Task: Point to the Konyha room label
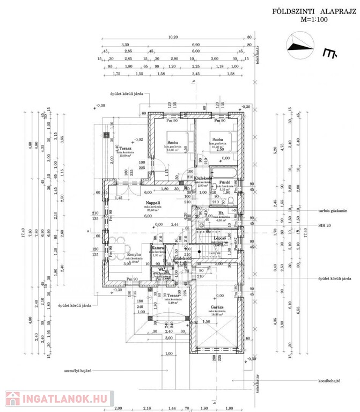tap(134, 255)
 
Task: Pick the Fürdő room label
tap(224, 182)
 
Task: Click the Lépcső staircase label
tap(219, 238)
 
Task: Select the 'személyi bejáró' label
tap(79, 370)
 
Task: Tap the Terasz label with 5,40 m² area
tap(172, 296)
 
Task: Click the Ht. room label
tap(221, 214)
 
